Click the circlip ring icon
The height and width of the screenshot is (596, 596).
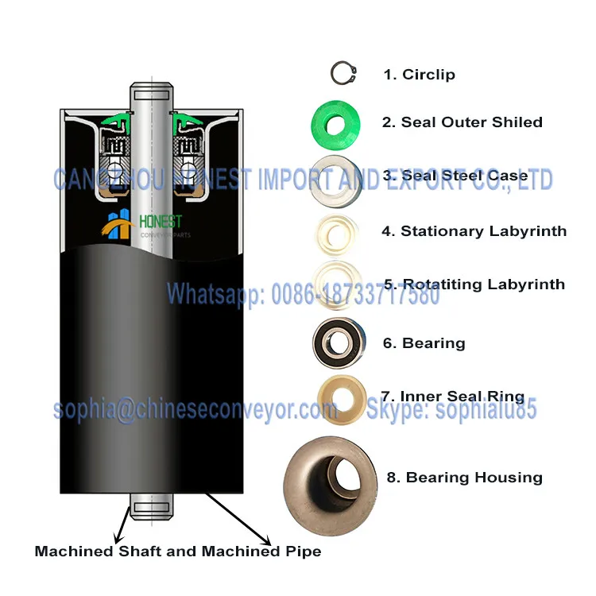(x=343, y=74)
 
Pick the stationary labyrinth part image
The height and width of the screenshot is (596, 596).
(x=337, y=231)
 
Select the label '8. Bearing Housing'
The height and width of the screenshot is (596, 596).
(x=464, y=478)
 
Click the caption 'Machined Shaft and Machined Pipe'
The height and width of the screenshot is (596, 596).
(x=178, y=551)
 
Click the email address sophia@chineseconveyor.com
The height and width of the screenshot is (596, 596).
(x=195, y=410)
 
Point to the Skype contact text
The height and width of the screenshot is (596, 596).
(x=451, y=410)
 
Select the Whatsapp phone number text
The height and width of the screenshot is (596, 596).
(x=303, y=296)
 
